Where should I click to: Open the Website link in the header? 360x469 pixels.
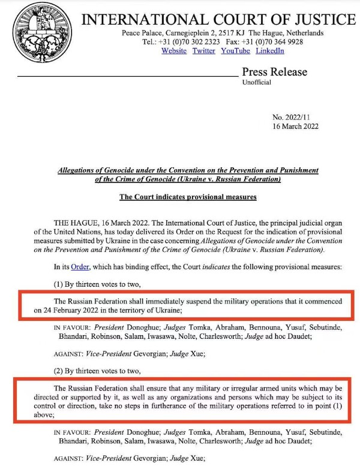click(x=174, y=51)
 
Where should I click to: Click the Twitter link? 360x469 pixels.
click(x=204, y=51)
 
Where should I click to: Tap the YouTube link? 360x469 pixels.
click(x=235, y=51)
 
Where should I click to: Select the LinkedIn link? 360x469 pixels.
click(x=270, y=51)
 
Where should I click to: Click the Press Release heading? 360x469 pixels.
click(x=274, y=72)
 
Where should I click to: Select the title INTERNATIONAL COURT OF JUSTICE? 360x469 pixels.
click(x=218, y=20)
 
